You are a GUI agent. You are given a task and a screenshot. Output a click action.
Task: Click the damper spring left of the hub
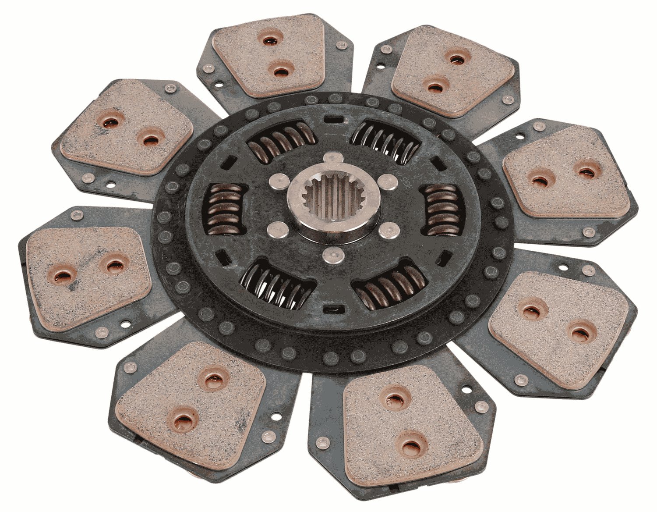[x=226, y=209]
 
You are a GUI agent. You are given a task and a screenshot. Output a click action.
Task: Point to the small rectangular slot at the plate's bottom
[x=332, y=310]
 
